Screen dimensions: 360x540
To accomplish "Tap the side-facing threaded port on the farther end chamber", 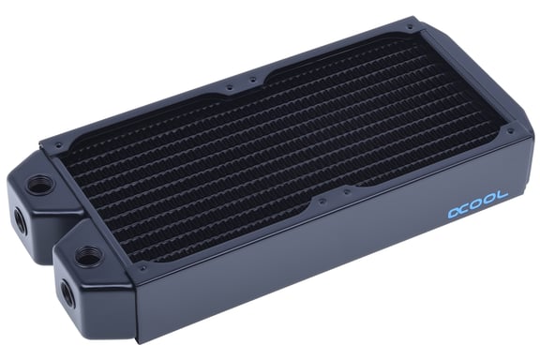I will click(18, 222).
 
